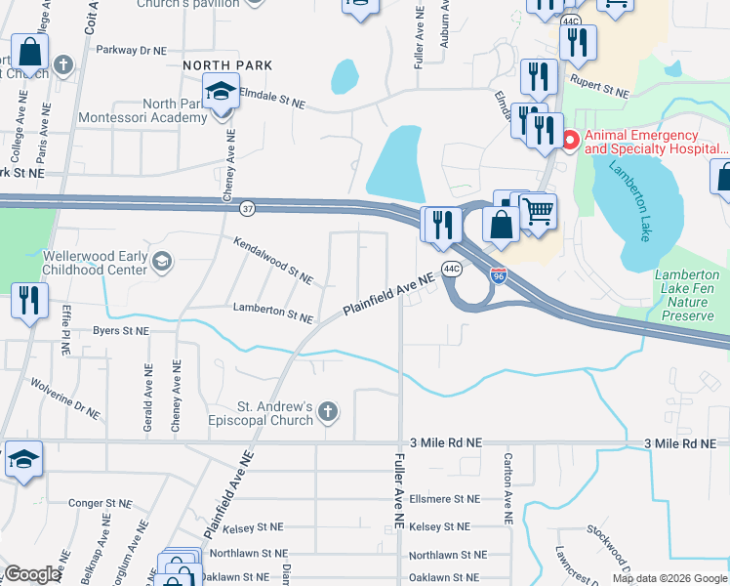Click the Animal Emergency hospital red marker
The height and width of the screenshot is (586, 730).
(569, 143)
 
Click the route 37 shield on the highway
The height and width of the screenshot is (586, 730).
(248, 208)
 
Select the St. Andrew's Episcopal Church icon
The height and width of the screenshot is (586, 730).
(329, 412)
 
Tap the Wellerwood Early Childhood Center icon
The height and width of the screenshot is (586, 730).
(162, 261)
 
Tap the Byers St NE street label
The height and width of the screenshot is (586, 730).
(121, 331)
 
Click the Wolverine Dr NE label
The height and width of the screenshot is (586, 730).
(65, 398)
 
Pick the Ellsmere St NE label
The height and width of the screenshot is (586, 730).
(445, 498)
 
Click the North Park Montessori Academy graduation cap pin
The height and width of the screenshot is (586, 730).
(222, 93)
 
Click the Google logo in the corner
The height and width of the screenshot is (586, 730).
(31, 574)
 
